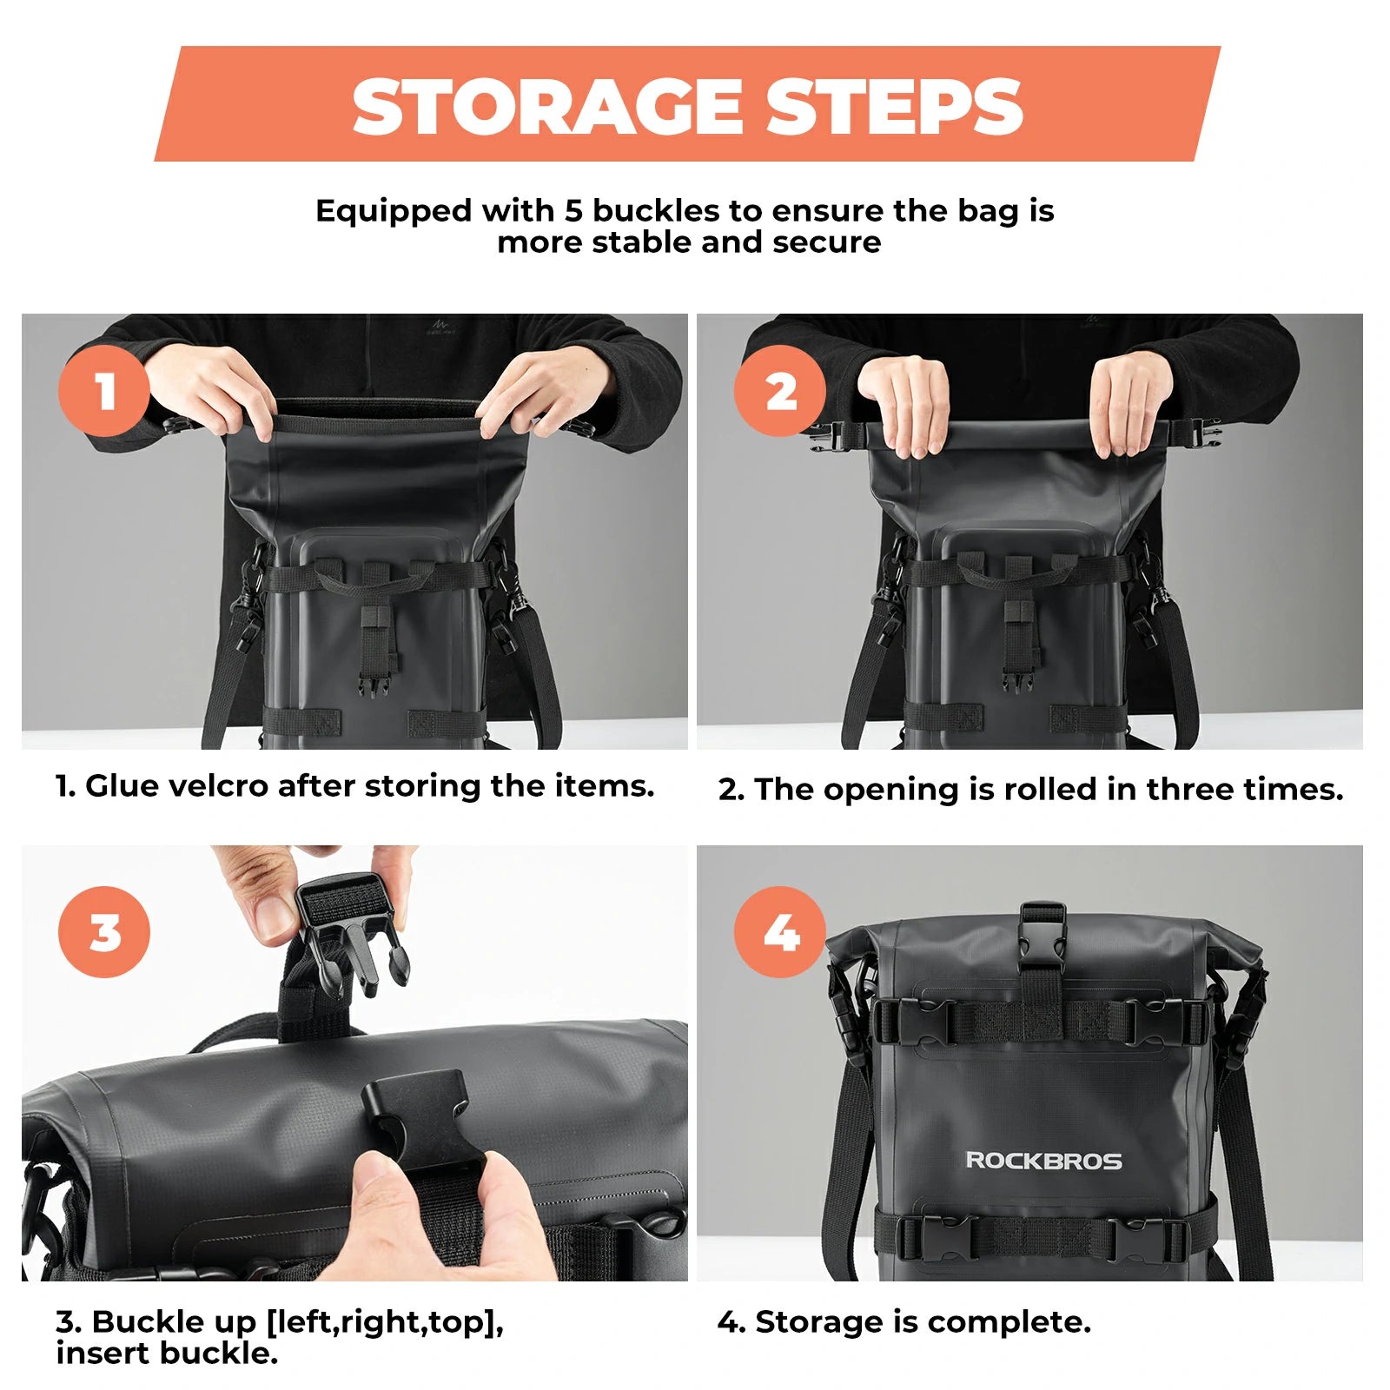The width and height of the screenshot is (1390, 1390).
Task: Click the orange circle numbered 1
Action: tap(104, 391)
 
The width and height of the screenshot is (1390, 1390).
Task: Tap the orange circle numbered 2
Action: tap(779, 391)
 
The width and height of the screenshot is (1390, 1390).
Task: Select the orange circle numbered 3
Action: tap(104, 932)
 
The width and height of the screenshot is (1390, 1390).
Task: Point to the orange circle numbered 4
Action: tap(779, 932)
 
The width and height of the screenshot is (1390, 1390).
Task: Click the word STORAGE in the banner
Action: tap(547, 106)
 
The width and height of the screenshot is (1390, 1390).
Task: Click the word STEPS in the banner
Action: tap(894, 106)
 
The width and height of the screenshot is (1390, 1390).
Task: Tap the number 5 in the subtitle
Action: tap(573, 211)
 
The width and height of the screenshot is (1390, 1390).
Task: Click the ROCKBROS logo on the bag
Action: tap(1043, 1161)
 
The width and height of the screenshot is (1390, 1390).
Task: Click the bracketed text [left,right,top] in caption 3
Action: tap(384, 1322)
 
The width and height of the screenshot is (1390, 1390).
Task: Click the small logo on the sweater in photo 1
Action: tap(441, 326)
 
